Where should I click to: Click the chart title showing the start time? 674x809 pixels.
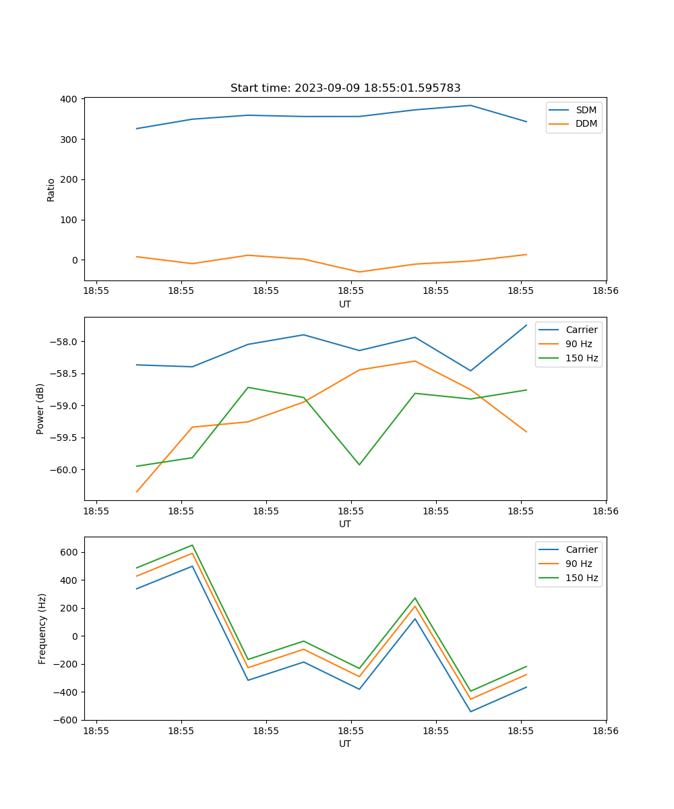[x=345, y=88]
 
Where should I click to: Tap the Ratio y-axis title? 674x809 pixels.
[x=51, y=189]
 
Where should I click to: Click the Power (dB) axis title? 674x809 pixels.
[x=40, y=409]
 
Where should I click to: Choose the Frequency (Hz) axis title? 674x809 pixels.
[x=42, y=628]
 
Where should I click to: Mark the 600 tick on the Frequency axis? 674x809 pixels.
[x=70, y=552]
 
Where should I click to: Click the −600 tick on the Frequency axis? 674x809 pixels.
[x=67, y=720]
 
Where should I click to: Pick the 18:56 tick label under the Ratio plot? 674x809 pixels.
[x=605, y=291]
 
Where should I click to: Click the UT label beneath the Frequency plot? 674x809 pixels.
[x=345, y=744]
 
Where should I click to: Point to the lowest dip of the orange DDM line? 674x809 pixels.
[x=359, y=272]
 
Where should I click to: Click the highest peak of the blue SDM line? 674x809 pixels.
[x=470, y=105]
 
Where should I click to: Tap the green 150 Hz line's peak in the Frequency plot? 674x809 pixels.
[x=192, y=545]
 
